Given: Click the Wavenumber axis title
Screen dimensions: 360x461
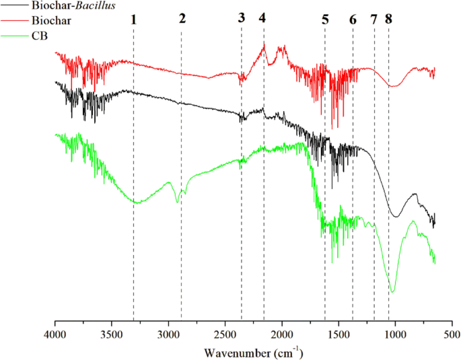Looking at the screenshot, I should click(x=253, y=352).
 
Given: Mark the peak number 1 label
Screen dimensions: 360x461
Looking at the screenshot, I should click(x=134, y=19).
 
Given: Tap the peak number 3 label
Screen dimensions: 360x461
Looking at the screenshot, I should click(x=242, y=18).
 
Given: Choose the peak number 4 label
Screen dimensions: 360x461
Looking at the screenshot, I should click(x=262, y=18).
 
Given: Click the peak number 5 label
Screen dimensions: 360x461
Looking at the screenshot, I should click(x=325, y=19).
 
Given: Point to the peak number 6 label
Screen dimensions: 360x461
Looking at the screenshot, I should click(x=353, y=19).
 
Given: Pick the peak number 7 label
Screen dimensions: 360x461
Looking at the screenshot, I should click(x=374, y=19).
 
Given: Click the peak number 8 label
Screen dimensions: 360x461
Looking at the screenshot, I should click(x=388, y=19).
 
